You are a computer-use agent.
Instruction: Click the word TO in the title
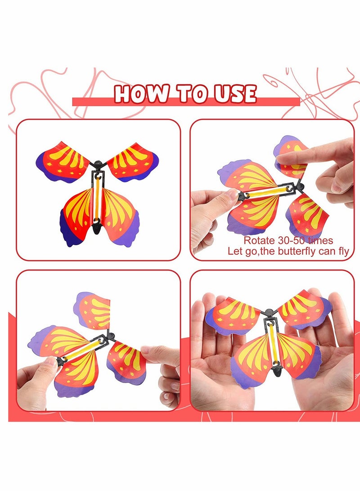tap(191, 94)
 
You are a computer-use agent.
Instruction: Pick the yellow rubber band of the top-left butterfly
tap(97, 198)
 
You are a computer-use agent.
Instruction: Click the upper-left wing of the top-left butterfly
tap(63, 160)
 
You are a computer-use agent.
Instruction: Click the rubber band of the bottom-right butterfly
tap(271, 343)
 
